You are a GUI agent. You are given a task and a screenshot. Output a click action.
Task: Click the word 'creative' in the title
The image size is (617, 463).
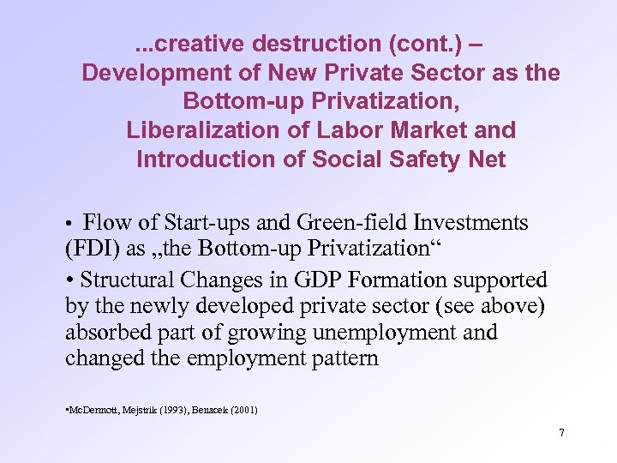click(195, 42)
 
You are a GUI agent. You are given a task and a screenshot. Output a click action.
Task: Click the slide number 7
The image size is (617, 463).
click(561, 433)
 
